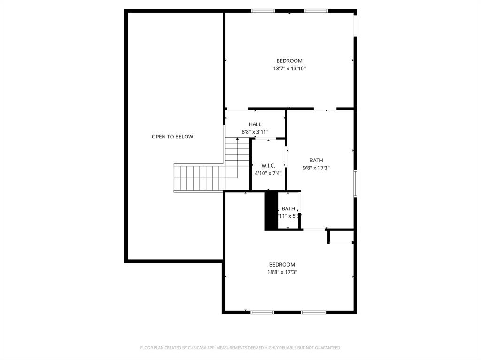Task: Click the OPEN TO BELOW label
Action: [x=172, y=137]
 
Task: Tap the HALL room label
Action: [x=255, y=124]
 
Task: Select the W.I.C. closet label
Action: [x=268, y=165]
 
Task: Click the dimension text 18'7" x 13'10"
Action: [x=289, y=69]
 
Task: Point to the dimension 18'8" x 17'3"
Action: [x=282, y=272]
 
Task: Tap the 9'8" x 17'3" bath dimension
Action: [x=316, y=168]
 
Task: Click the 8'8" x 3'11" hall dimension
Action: [x=255, y=132]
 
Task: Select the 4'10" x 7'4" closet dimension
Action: [x=268, y=173]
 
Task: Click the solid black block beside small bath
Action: [x=271, y=211]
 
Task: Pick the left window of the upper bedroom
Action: [x=263, y=11]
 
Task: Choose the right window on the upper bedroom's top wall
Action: [x=316, y=11]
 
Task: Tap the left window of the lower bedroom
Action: [x=263, y=312]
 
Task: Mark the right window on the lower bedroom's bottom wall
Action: [x=313, y=312]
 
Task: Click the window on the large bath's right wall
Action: [x=356, y=183]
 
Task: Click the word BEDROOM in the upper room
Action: [x=289, y=61]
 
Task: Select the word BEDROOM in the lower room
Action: [x=282, y=264]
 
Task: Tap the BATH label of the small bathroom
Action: [x=288, y=208]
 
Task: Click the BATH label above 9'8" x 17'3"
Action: [x=316, y=160]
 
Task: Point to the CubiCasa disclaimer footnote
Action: [x=240, y=348]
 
